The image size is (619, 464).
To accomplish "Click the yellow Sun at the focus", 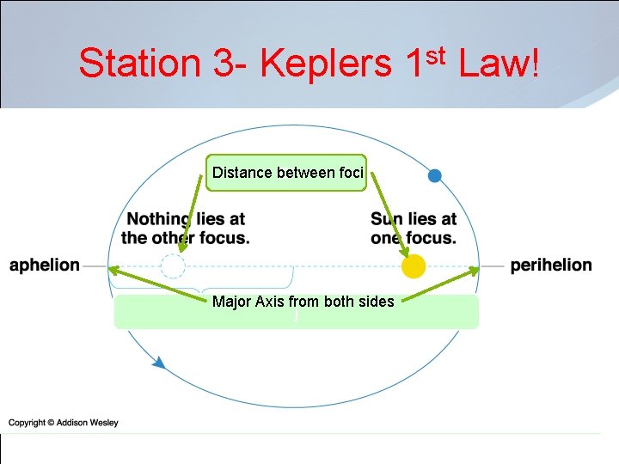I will (x=414, y=266).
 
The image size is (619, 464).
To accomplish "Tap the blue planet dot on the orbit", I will (x=434, y=176).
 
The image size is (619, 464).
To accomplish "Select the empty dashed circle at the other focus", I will (x=174, y=266).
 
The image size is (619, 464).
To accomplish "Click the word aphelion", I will (x=45, y=265).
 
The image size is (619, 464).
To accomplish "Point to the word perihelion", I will (x=551, y=265).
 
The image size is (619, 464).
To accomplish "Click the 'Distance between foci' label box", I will (x=287, y=173).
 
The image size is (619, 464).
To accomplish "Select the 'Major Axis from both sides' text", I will (x=303, y=302).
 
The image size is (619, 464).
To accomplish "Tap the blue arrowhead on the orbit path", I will (x=158, y=363).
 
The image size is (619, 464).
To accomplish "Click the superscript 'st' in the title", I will (x=435, y=55).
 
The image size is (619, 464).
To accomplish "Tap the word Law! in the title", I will (x=500, y=63).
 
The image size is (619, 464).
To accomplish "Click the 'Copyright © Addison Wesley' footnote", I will (x=64, y=423).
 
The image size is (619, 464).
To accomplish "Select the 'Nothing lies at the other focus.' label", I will (x=186, y=229).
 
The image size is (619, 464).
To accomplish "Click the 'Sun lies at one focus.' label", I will (x=414, y=229).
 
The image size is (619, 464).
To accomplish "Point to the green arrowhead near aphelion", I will (x=113, y=271).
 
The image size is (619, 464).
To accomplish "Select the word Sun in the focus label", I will (x=386, y=219).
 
